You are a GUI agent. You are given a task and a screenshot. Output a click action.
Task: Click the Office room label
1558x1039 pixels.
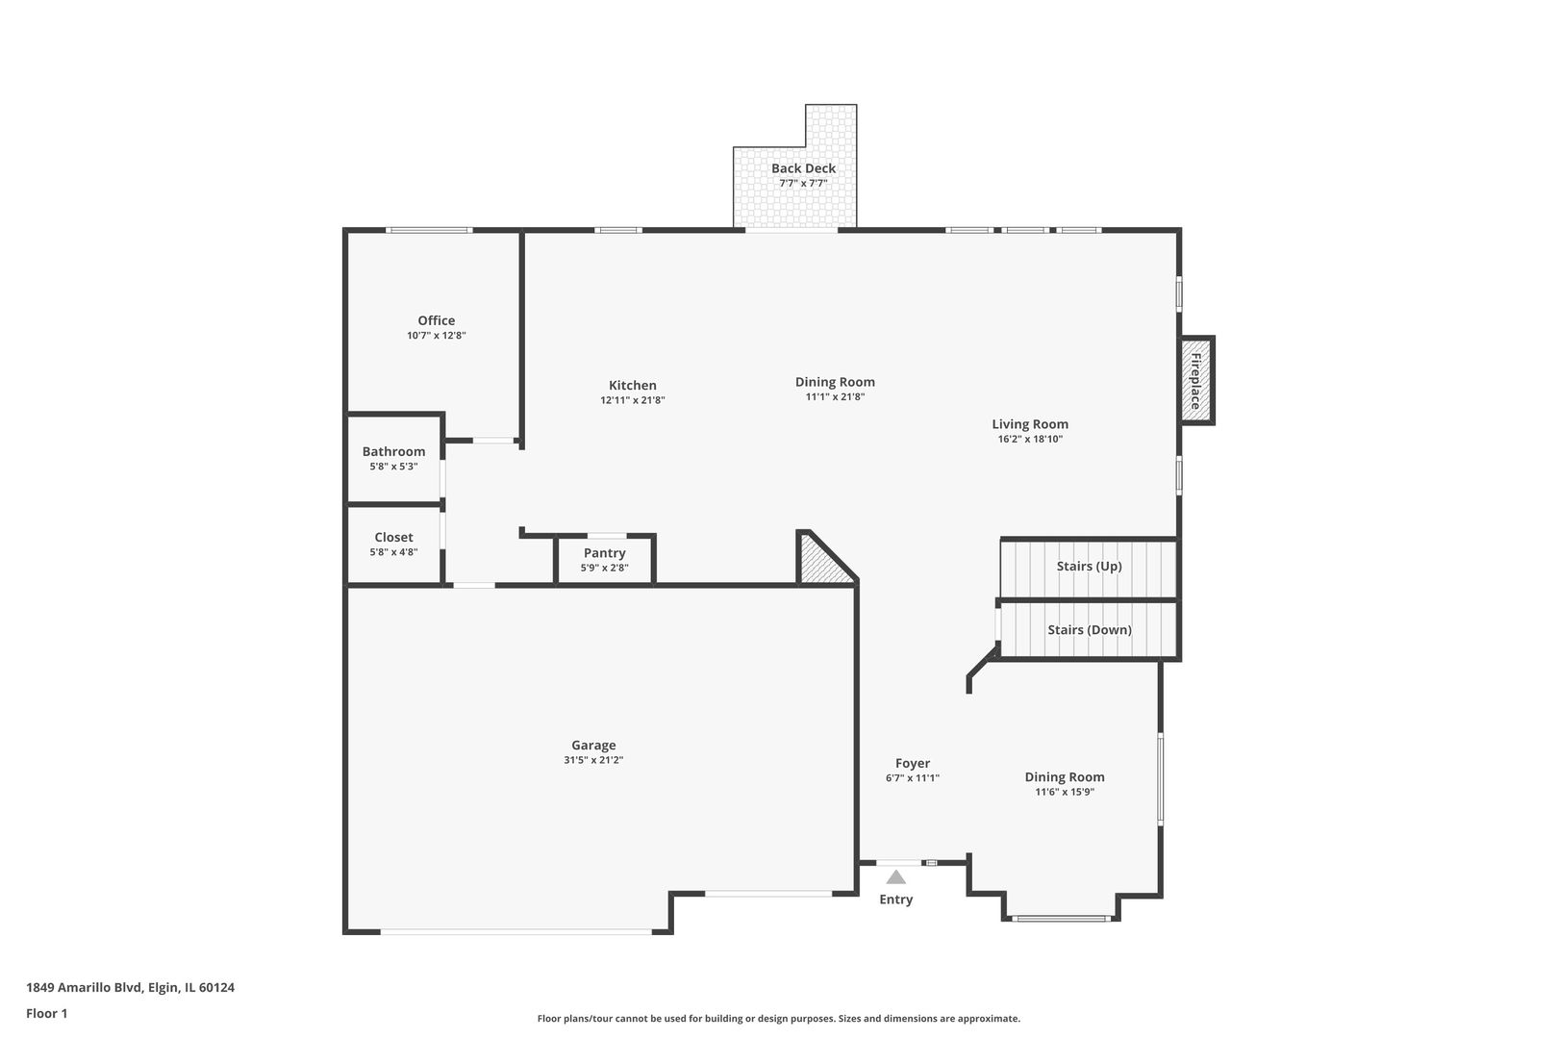click(436, 320)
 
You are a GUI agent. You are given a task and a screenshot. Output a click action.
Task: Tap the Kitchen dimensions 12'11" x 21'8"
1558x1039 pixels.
click(632, 400)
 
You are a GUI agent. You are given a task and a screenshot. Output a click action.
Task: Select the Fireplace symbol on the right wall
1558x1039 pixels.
click(1197, 381)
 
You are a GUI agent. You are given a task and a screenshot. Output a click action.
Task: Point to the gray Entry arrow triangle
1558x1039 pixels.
click(896, 876)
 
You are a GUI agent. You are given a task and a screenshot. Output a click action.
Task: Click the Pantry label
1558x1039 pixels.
click(604, 552)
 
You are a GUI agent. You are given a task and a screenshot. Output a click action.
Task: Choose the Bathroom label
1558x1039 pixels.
click(393, 451)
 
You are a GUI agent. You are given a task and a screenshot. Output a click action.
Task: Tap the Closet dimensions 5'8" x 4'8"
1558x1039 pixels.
click(393, 552)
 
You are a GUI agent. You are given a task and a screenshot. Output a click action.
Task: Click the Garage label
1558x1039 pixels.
click(593, 745)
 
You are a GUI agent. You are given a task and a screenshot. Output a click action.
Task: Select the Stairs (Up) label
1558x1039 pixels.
click(1090, 566)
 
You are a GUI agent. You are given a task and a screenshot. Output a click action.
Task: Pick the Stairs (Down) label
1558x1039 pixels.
click(1090, 629)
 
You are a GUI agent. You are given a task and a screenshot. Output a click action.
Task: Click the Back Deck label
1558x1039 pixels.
click(803, 167)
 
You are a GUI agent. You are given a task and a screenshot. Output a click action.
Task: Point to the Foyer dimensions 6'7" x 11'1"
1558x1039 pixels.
click(912, 778)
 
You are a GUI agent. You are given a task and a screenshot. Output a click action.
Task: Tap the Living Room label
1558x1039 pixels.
click(1030, 424)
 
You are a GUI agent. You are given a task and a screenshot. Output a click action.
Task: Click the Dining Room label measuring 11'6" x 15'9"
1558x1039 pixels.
click(1065, 776)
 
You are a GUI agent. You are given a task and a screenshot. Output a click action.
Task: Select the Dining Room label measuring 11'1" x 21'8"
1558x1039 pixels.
click(835, 381)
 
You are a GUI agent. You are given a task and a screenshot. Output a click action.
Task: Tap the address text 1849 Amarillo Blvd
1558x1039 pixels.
click(85, 987)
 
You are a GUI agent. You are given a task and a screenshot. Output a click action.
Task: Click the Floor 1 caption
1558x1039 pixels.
click(46, 1013)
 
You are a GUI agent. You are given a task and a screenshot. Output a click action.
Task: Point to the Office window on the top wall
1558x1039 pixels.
click(429, 230)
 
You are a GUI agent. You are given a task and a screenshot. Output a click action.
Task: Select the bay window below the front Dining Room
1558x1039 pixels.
click(1062, 919)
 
